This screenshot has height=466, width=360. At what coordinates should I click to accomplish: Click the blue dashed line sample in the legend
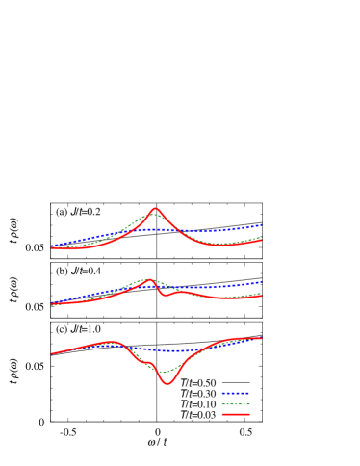click(236, 393)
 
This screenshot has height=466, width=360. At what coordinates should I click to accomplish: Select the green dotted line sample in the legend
click(236, 403)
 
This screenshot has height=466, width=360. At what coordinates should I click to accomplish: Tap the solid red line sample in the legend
click(236, 414)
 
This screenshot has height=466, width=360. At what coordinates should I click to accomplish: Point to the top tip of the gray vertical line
click(157, 203)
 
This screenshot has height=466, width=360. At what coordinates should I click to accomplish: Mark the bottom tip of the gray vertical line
click(157, 421)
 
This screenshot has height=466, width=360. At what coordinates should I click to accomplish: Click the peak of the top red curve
click(157, 208)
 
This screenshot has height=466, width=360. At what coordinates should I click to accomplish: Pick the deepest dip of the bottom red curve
click(168, 383)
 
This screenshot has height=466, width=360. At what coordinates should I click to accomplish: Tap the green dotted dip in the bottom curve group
click(167, 371)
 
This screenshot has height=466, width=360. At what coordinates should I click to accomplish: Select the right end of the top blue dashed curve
click(262, 224)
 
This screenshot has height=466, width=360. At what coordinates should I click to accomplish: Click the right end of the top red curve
click(262, 240)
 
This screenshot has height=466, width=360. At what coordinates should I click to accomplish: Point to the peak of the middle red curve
click(151, 280)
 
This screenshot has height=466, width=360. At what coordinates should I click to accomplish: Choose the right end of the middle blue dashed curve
click(262, 282)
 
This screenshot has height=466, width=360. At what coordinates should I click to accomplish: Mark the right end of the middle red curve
click(262, 296)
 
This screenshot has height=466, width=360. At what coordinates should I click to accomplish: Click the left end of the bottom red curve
click(51, 353)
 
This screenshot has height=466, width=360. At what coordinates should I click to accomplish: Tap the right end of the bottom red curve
click(262, 338)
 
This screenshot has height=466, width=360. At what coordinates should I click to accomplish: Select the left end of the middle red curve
click(51, 304)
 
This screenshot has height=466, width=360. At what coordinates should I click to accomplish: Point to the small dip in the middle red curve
click(165, 295)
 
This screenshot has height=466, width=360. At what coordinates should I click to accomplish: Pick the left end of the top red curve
click(51, 247)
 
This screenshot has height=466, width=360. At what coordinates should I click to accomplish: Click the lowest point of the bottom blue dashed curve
click(159, 350)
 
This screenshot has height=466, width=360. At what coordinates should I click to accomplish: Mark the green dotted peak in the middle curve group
click(147, 278)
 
